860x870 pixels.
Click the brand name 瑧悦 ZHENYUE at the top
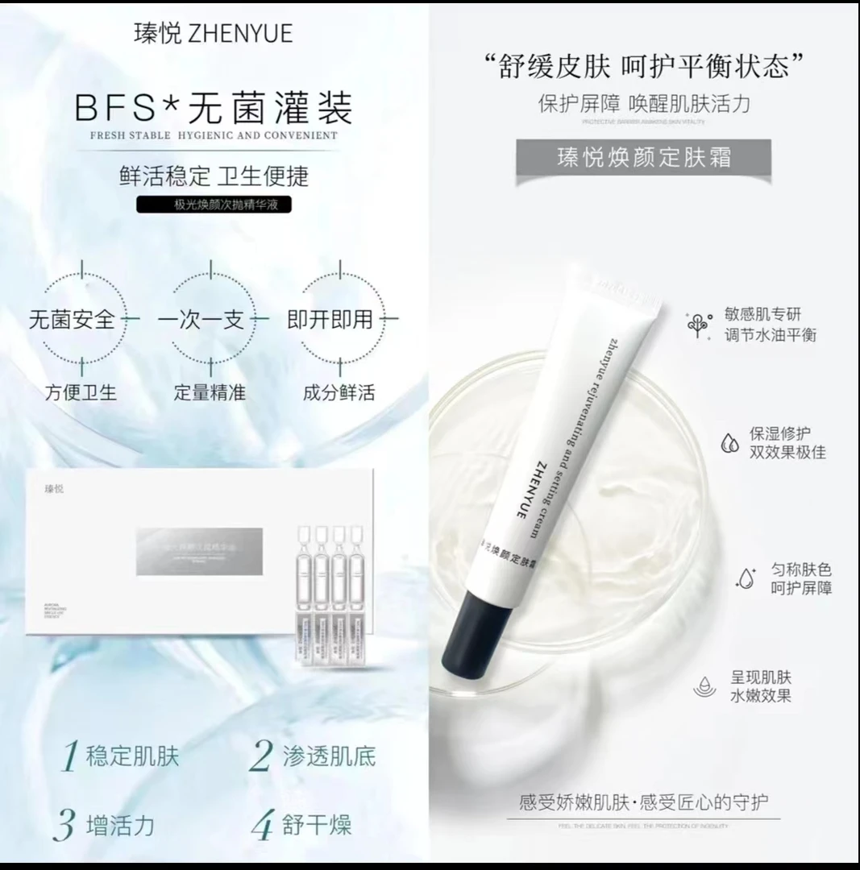point(213,33)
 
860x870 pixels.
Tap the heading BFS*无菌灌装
point(214,108)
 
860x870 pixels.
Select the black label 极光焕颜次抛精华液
point(214,205)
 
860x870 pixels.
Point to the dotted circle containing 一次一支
point(211,320)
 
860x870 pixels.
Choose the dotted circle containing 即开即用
point(340,320)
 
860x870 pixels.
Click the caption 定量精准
point(210,393)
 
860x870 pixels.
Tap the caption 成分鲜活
point(339,393)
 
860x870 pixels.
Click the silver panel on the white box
point(199,551)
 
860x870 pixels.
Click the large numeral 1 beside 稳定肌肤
point(71,757)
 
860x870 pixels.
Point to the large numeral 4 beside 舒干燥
point(263,826)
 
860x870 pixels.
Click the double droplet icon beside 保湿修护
point(730,442)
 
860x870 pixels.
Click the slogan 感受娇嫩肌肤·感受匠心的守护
point(644,802)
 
